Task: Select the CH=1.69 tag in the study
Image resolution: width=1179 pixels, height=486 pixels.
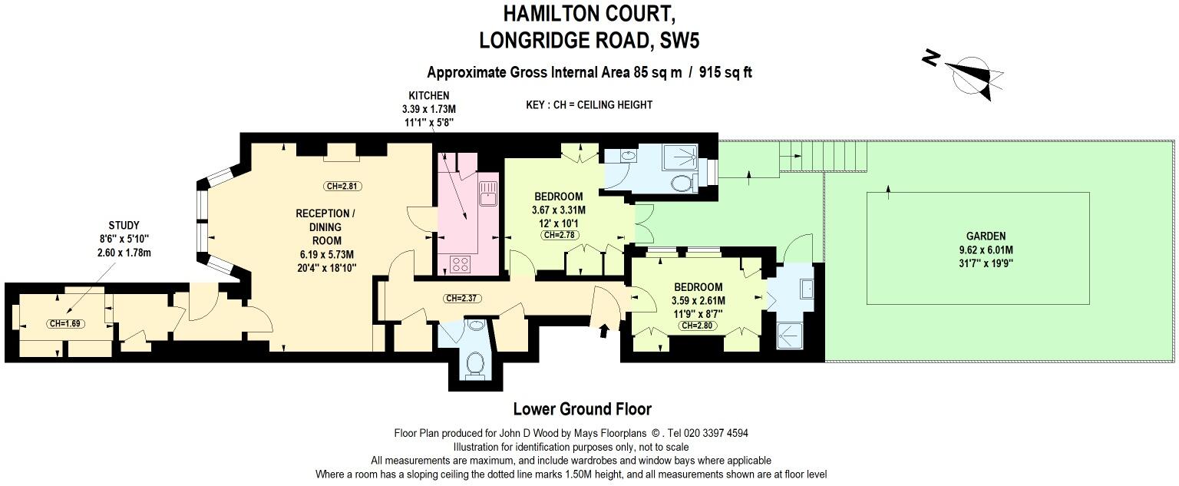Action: (x=65, y=323)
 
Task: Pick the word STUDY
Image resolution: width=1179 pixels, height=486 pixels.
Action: (x=124, y=225)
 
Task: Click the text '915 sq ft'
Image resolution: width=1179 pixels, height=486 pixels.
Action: (x=725, y=73)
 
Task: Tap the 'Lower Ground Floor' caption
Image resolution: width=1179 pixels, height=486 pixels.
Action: (x=582, y=409)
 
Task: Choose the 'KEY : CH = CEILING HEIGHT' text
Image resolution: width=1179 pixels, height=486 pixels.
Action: (x=589, y=105)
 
